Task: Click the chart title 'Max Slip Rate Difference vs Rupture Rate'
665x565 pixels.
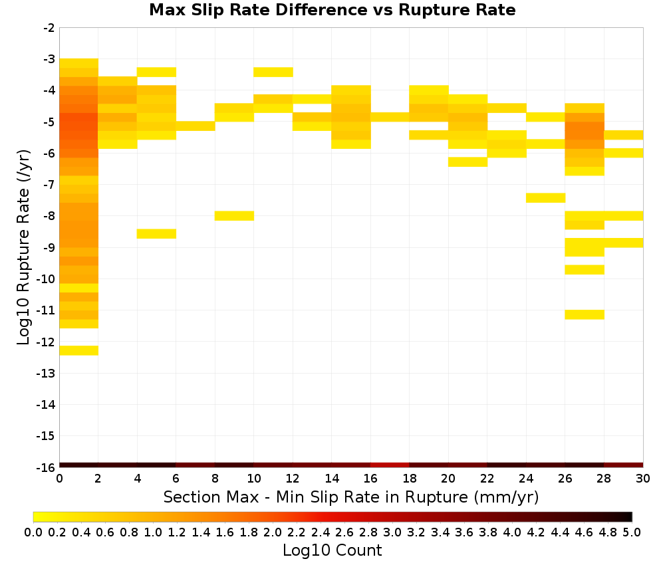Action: point(332,9)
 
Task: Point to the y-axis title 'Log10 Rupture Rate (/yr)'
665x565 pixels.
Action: point(23,247)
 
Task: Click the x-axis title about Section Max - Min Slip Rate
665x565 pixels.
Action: point(351,497)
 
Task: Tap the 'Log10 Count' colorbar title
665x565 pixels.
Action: point(332,550)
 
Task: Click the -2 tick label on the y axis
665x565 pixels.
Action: point(49,28)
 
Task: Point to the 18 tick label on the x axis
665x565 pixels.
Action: point(409,479)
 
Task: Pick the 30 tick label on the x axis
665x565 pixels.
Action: point(643,479)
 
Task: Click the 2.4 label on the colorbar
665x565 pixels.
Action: point(321,532)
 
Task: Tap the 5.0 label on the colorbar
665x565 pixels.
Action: point(632,532)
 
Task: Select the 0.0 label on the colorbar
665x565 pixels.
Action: point(33,532)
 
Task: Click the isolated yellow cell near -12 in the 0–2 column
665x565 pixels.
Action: point(79,350)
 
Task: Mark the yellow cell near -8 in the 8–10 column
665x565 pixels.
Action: point(235,216)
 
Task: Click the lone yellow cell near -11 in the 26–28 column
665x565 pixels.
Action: point(585,314)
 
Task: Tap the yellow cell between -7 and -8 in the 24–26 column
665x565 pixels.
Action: point(545,198)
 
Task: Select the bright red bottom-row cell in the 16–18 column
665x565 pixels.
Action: point(390,465)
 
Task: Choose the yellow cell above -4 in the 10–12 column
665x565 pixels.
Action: point(273,72)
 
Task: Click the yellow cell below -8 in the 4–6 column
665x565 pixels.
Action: point(156,234)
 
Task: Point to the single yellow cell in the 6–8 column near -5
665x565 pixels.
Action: point(196,126)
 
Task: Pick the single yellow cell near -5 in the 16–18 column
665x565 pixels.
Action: point(390,117)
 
